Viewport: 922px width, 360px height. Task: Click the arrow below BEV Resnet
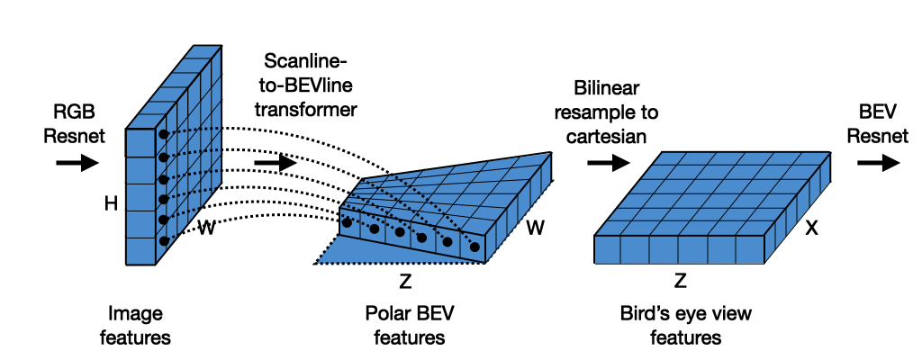pyautogui.click(x=877, y=163)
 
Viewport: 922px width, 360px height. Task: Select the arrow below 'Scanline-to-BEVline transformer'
pyautogui.click(x=275, y=164)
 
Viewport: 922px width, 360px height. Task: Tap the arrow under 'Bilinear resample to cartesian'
pyautogui.click(x=607, y=163)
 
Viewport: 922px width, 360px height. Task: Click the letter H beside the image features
pyautogui.click(x=111, y=205)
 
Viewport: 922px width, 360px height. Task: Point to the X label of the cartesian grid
pyautogui.click(x=810, y=229)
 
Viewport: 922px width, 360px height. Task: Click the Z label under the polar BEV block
pyautogui.click(x=405, y=283)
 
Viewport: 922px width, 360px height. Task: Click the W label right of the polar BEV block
pyautogui.click(x=535, y=229)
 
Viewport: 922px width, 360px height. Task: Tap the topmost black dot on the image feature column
pyautogui.click(x=164, y=134)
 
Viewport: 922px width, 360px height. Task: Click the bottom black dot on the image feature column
pyautogui.click(x=164, y=239)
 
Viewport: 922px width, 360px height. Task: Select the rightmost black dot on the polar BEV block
pyautogui.click(x=474, y=246)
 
